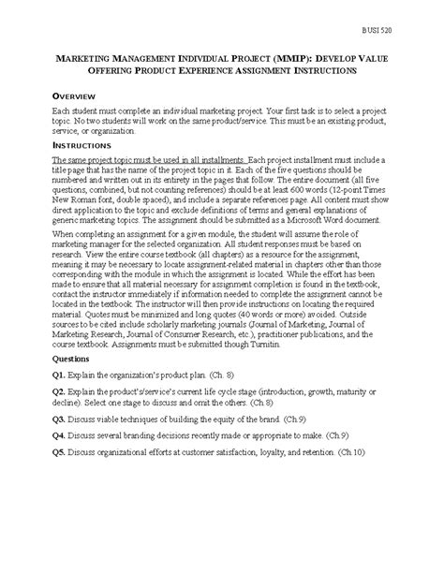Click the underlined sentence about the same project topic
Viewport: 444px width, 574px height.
tap(138, 162)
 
